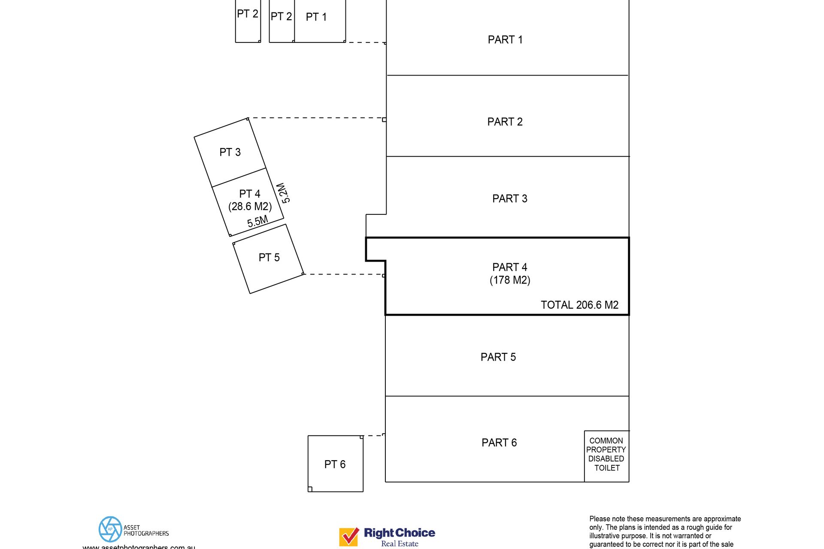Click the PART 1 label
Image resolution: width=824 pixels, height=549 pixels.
[x=505, y=40]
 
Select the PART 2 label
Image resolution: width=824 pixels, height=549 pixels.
[x=505, y=122]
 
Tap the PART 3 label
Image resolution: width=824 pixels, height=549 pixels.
[x=509, y=199]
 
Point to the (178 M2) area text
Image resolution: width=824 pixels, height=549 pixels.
[x=510, y=280]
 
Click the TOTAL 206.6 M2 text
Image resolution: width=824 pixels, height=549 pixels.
[x=579, y=305]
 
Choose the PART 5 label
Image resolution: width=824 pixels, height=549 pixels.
[x=498, y=357]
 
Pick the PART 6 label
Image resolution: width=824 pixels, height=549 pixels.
[x=499, y=443]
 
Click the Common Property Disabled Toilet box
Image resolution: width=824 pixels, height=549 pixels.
[x=606, y=455]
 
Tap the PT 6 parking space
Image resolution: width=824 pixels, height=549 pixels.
[x=335, y=464]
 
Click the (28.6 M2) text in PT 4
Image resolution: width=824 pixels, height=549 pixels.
[x=250, y=206]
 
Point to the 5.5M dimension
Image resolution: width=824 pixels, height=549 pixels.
[x=257, y=221]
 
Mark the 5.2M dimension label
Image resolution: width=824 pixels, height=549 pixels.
[x=283, y=193]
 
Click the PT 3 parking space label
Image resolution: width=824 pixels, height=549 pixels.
[x=230, y=152]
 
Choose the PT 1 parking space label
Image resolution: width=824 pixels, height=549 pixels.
[x=316, y=17]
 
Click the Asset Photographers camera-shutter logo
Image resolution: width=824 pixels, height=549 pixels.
[x=110, y=529]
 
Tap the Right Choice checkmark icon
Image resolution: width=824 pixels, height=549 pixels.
[x=349, y=536]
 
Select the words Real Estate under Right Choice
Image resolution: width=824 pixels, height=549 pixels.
[x=400, y=544]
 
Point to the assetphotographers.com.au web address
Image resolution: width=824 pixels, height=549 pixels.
[x=139, y=546]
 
